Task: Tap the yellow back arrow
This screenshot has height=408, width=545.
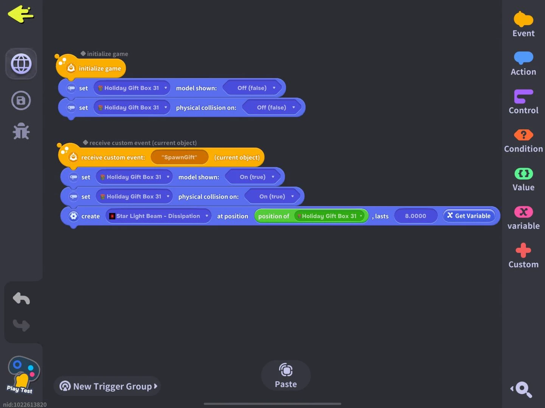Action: click(x=21, y=14)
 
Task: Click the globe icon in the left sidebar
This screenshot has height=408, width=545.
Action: click(x=21, y=64)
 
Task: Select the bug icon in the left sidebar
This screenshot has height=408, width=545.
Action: click(x=21, y=131)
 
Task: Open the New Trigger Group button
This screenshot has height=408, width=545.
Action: click(x=107, y=386)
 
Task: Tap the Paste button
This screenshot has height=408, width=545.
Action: click(x=286, y=376)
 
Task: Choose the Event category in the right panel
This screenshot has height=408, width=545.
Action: click(x=523, y=25)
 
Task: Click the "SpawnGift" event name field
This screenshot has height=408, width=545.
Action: click(x=179, y=157)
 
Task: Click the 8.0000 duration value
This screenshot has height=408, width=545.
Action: click(x=415, y=216)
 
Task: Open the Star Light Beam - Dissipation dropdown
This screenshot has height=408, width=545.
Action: click(x=158, y=216)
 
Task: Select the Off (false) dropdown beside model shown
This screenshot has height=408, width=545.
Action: click(x=254, y=88)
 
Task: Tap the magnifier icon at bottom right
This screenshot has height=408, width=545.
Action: click(x=523, y=389)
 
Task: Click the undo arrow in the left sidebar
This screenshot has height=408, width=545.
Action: click(x=21, y=298)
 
